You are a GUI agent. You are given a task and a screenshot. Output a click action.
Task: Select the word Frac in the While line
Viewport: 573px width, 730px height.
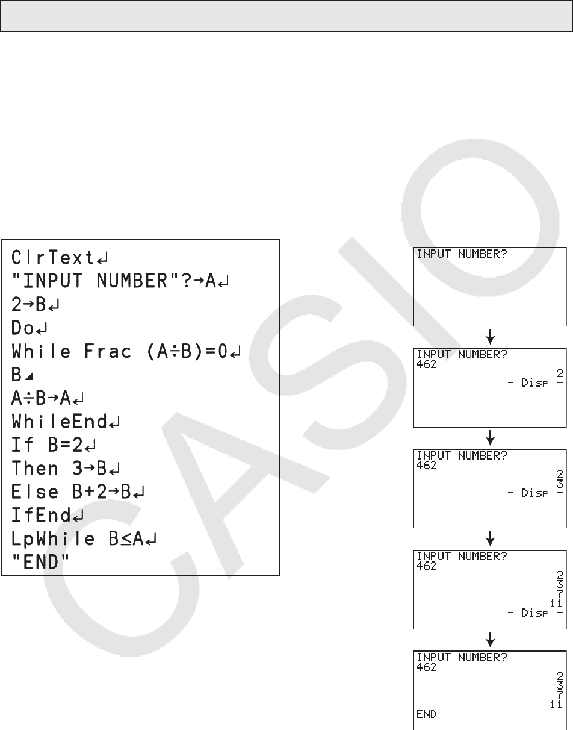pyautogui.click(x=107, y=351)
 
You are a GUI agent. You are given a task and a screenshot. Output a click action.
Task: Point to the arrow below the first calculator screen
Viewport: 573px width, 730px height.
pyautogui.click(x=491, y=335)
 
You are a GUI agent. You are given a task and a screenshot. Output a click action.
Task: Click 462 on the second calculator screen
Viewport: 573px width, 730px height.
pyautogui.click(x=426, y=364)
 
